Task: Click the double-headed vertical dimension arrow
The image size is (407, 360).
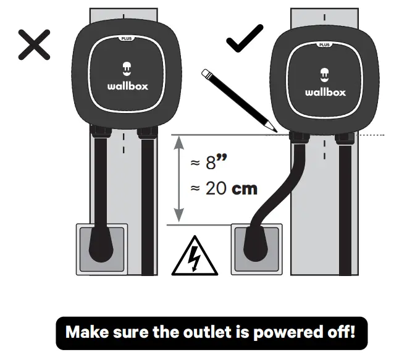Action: tap(178, 179)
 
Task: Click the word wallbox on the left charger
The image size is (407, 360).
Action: tap(127, 86)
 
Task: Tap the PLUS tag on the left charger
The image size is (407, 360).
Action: tap(127, 38)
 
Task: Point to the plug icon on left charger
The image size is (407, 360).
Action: tap(127, 69)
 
